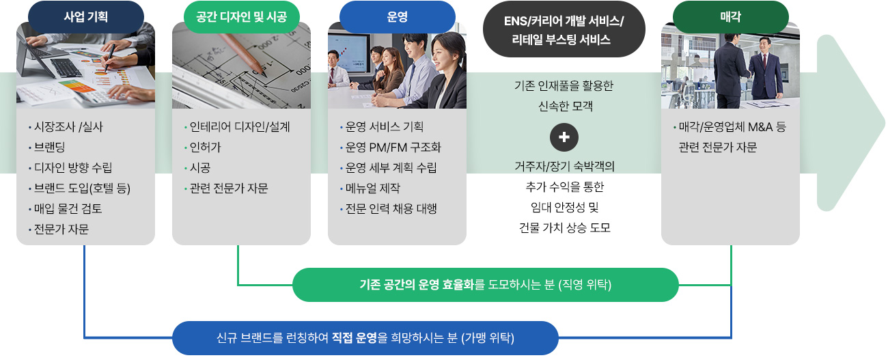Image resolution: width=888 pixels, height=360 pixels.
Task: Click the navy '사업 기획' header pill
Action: (x=85, y=16)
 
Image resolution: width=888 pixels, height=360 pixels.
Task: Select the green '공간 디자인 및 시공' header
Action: (x=241, y=16)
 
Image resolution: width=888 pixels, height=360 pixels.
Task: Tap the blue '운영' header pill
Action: (x=398, y=16)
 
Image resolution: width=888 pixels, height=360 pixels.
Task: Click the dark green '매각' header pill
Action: (x=731, y=16)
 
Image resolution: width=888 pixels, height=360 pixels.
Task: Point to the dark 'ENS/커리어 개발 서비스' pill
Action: (x=564, y=29)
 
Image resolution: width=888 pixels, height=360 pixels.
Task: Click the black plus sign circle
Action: (x=564, y=137)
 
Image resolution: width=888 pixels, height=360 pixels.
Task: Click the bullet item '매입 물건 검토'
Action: (x=66, y=208)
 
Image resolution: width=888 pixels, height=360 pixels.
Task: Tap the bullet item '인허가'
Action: (x=203, y=148)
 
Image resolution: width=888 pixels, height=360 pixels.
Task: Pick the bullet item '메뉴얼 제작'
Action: (x=370, y=189)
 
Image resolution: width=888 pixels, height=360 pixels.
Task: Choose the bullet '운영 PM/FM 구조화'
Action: (x=391, y=148)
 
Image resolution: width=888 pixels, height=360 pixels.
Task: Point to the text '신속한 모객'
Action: (x=565, y=106)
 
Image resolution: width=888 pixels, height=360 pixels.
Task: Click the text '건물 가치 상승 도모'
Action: (x=564, y=227)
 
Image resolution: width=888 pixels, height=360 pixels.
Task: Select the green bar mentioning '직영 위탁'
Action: (x=485, y=285)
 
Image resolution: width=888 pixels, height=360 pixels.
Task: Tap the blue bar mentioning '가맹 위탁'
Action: (x=365, y=337)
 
